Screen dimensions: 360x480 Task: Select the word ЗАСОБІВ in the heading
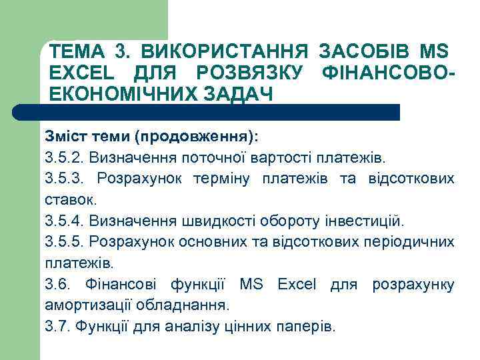[x=365, y=51]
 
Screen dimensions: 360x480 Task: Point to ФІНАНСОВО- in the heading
[x=389, y=72]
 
